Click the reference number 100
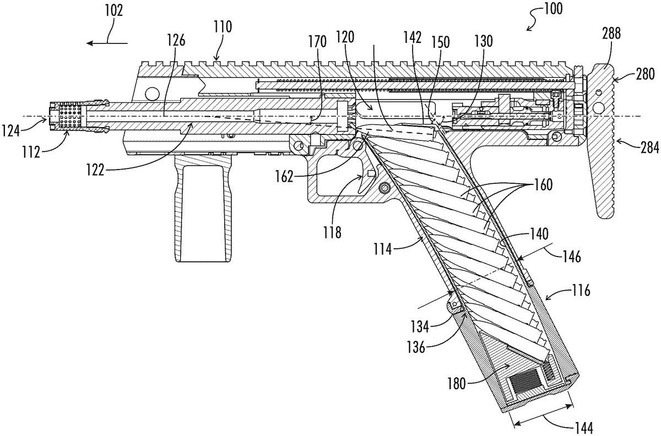[x=552, y=9]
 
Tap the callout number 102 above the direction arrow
[x=114, y=11]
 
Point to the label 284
[x=649, y=148]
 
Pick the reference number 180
[x=457, y=384]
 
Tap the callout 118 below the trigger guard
[x=332, y=233]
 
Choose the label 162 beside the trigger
[x=285, y=177]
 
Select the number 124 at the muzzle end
[x=10, y=130]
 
